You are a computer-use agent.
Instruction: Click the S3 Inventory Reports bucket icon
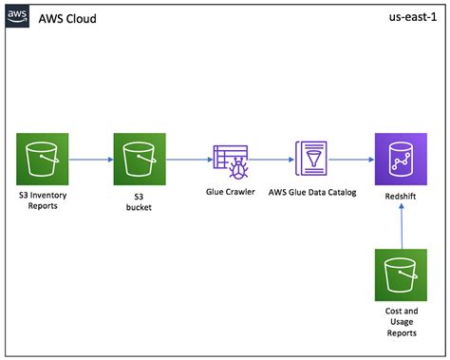(x=44, y=160)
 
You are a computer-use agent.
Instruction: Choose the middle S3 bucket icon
(x=140, y=160)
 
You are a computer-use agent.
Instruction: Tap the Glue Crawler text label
(x=231, y=192)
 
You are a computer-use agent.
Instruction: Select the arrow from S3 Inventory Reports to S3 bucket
(x=91, y=160)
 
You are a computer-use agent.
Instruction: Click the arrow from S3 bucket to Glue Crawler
(x=187, y=160)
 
